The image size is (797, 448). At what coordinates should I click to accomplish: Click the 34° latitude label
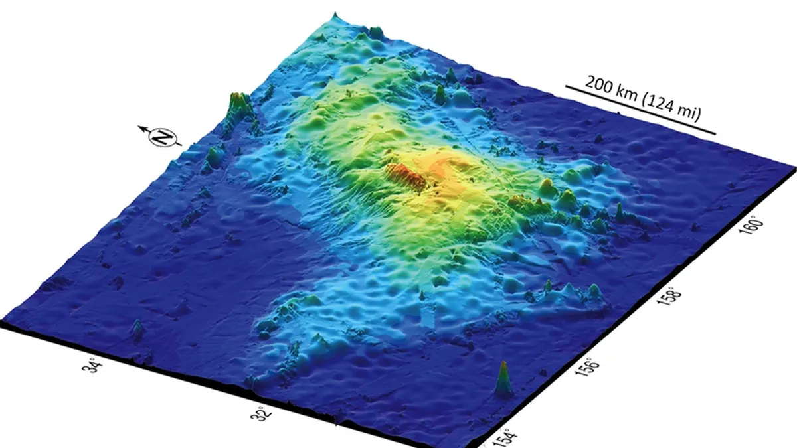(95, 365)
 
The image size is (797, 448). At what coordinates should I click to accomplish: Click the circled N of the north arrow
(161, 137)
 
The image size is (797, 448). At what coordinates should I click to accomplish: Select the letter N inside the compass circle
(161, 137)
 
